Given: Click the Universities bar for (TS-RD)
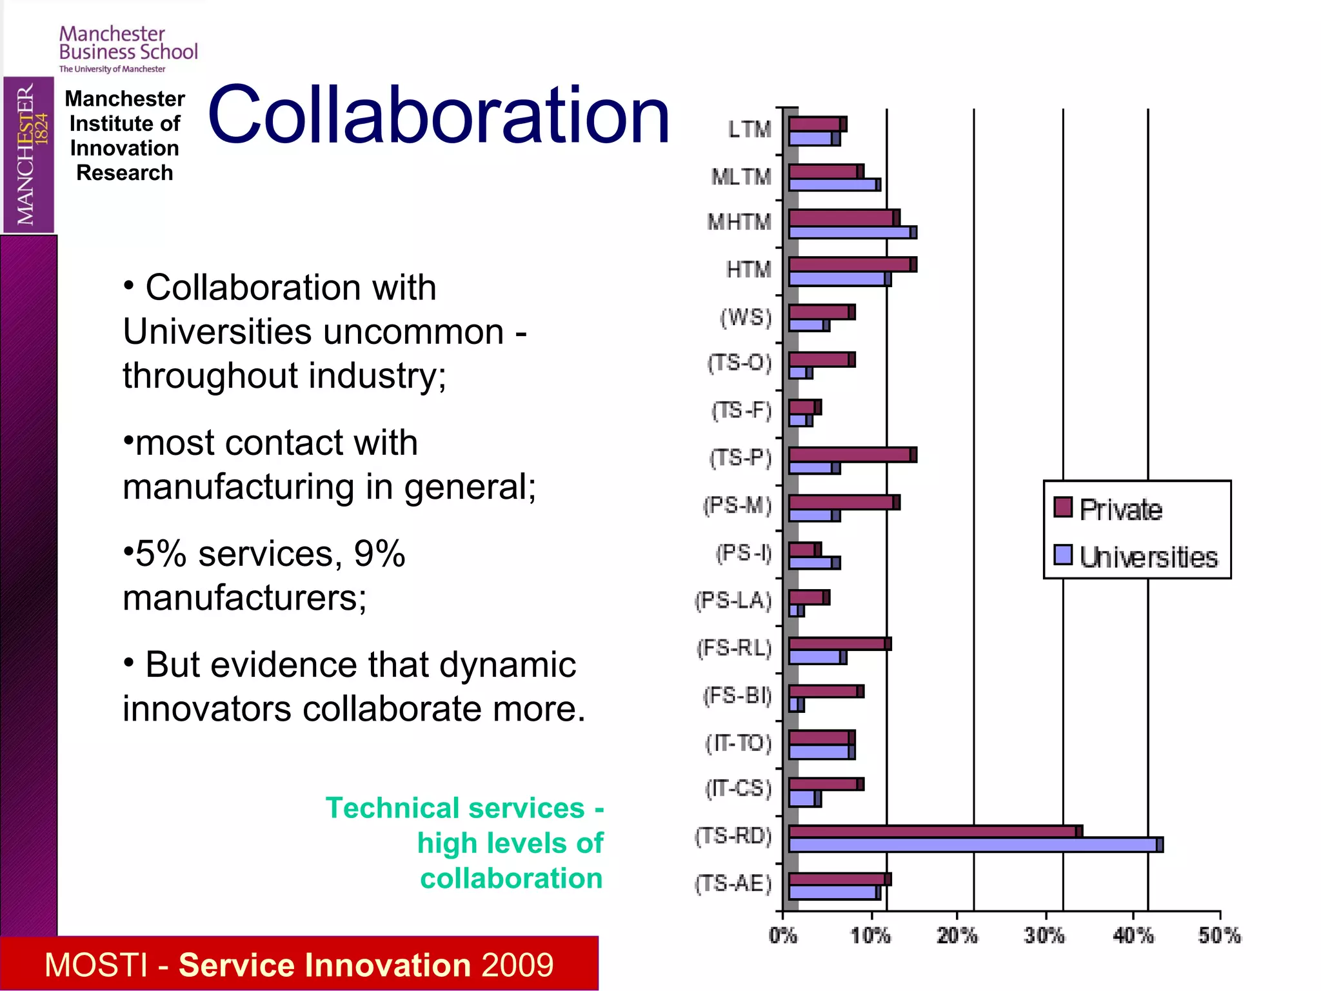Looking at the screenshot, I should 975,845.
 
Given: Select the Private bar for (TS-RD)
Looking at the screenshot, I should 935,831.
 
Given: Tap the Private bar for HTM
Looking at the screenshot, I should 852,265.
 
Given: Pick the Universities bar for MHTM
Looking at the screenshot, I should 852,232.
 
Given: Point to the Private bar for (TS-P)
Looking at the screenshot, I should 852,455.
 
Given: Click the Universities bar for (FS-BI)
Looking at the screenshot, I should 797,705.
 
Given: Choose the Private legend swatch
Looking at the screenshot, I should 1063,508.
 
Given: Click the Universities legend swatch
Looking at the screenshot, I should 1063,555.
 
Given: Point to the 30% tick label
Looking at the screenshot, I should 1044,935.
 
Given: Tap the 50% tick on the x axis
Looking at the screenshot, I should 1219,935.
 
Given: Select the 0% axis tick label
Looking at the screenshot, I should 783,935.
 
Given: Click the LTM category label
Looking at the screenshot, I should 750,130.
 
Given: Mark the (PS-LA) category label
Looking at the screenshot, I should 733,601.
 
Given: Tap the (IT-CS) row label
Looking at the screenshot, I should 739,788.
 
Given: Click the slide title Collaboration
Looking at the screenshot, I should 439,115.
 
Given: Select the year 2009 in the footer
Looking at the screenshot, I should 517,965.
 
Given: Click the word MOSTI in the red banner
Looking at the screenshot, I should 96,965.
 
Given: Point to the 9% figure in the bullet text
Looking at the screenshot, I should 379,554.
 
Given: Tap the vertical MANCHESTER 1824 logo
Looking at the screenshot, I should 29,155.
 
